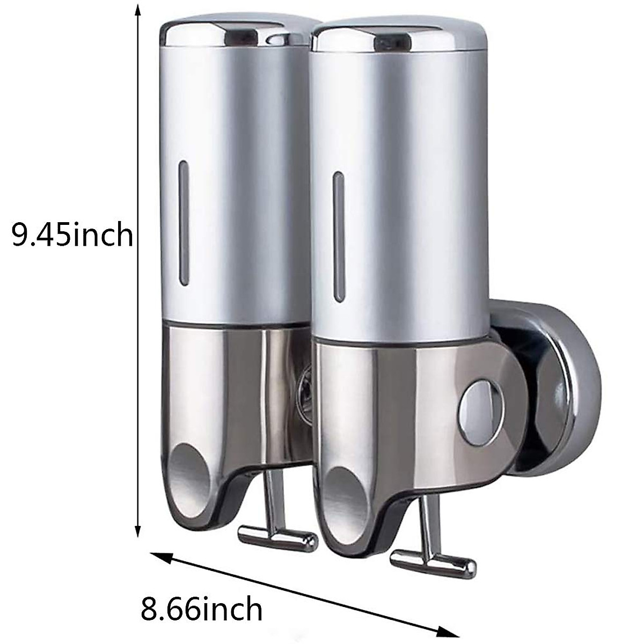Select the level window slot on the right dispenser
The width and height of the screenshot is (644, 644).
click(x=338, y=237)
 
